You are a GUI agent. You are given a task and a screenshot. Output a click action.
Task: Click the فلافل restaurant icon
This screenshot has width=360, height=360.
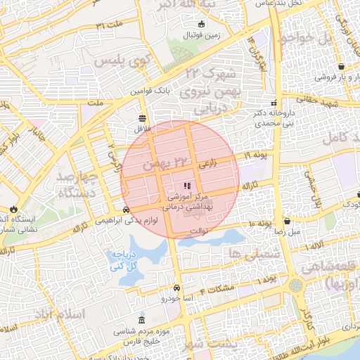143,118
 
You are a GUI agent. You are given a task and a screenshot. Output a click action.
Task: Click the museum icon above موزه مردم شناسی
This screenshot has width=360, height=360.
143,319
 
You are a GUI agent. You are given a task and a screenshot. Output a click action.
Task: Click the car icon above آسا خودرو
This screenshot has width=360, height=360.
176,288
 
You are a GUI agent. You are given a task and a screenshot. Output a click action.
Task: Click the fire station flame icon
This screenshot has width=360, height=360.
13,209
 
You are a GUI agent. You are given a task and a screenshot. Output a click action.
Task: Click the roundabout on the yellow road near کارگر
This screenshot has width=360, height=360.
296,285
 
